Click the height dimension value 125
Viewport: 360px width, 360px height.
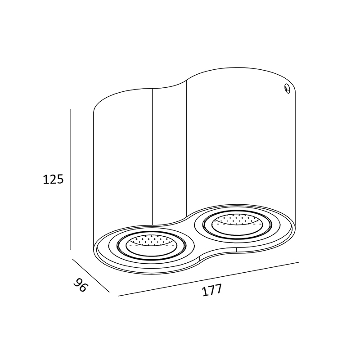coord(53,179)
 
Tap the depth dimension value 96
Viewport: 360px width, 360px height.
coord(81,285)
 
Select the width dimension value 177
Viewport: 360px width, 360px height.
coord(212,290)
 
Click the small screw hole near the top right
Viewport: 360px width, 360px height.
coord(287,88)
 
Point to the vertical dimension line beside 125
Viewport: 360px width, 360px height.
coord(71,179)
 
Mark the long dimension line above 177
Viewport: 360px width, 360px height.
coord(208,279)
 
